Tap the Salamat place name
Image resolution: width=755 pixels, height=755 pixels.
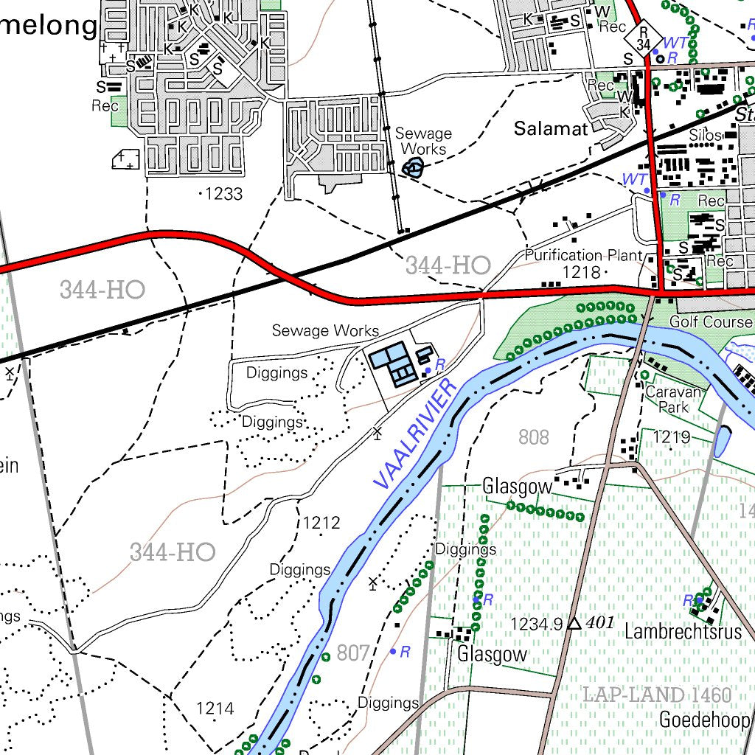coord(551,129)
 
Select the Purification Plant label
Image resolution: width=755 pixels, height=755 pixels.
coord(583,256)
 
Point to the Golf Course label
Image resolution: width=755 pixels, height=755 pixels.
coord(711,322)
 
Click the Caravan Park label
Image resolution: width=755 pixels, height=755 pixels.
coord(667,400)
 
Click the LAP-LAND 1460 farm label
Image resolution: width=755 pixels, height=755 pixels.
coord(656,695)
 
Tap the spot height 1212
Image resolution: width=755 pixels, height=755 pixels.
coord(321,523)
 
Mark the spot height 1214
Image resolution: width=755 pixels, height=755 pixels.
coord(215,709)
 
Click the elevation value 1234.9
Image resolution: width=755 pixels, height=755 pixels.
coord(536,624)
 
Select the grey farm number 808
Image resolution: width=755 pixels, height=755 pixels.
coord(533,438)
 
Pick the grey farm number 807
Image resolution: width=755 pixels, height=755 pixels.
coord(352,653)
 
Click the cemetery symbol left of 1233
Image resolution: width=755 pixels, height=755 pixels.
coord(126,159)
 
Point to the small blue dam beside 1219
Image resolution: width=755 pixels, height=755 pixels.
coord(721,441)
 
